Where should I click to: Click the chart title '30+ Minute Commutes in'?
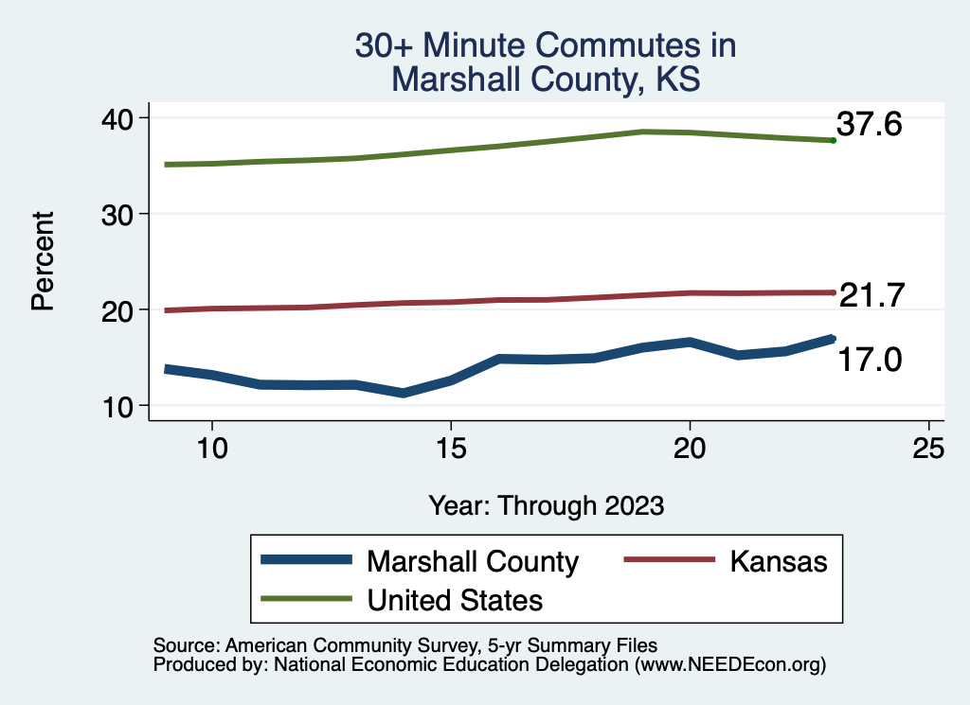pyautogui.click(x=545, y=45)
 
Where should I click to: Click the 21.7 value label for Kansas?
pyautogui.click(x=872, y=295)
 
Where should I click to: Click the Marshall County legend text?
pyautogui.click(x=472, y=561)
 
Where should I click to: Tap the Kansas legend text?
pyautogui.click(x=779, y=561)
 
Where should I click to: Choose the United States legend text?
pyautogui.click(x=455, y=600)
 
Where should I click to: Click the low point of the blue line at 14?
pyautogui.click(x=404, y=393)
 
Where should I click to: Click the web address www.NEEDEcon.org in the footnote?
pyautogui.click(x=728, y=665)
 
